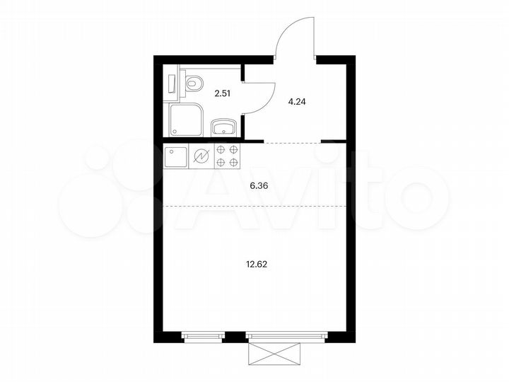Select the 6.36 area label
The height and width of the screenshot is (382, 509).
tap(259, 187)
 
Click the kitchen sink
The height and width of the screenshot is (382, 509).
tap(176, 156)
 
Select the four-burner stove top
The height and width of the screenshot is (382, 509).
tap(226, 156)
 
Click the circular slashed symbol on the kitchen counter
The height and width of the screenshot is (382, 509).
tap(201, 156)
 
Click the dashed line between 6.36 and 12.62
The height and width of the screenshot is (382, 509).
tap(255, 206)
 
